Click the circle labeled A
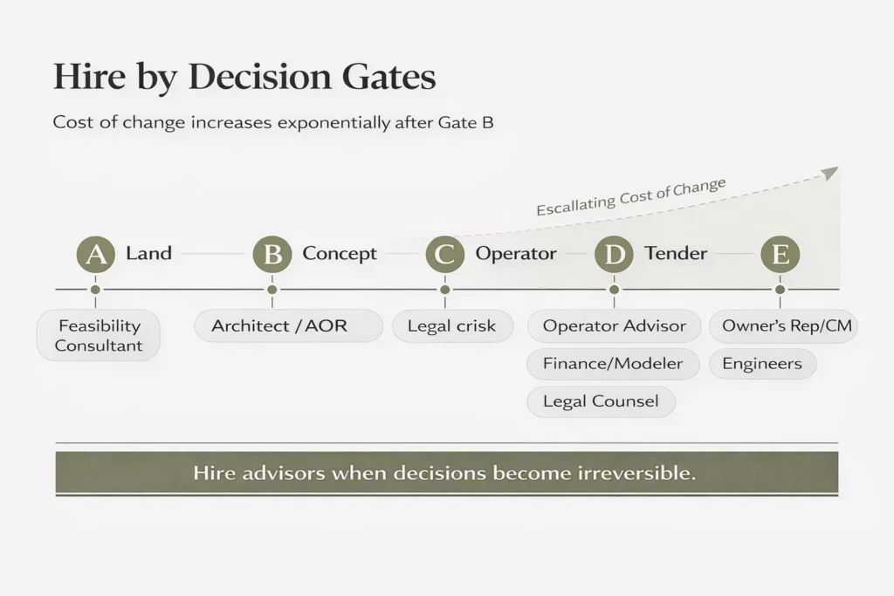pyautogui.click(x=95, y=255)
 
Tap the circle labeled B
pyautogui.click(x=272, y=255)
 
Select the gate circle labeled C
pyautogui.click(x=444, y=255)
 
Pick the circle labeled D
pyautogui.click(x=614, y=255)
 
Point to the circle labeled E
pyautogui.click(x=780, y=255)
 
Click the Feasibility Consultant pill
pyautogui.click(x=99, y=335)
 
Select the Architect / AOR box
pyautogui.click(x=288, y=325)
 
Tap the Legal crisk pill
pyautogui.click(x=451, y=325)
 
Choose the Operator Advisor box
pyautogui.click(x=614, y=325)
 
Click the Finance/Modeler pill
pyautogui.click(x=613, y=364)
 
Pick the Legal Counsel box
pyautogui.click(x=601, y=401)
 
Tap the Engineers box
pyautogui.click(x=762, y=364)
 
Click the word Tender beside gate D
pyautogui.click(x=676, y=254)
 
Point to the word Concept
pyautogui.click(x=340, y=254)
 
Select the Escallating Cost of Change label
pyautogui.click(x=630, y=196)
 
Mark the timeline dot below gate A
pyautogui.click(x=95, y=289)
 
